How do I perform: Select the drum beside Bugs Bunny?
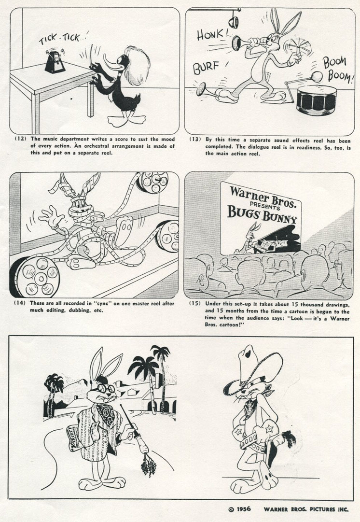pyautogui.click(x=316, y=99)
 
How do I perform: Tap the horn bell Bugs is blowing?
pyautogui.click(x=237, y=43)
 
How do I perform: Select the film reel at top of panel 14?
pyautogui.click(x=152, y=182)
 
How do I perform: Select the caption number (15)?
pyautogui.click(x=195, y=303)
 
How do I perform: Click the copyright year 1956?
pyautogui.click(x=244, y=509)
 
